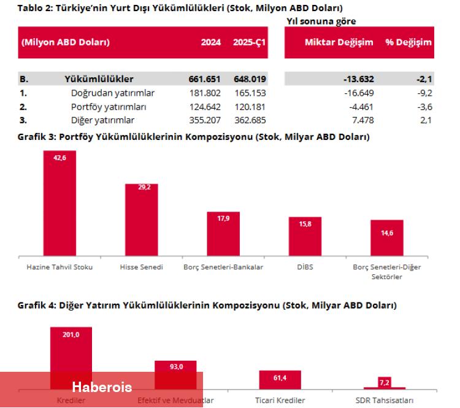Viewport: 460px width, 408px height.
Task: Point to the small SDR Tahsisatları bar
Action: point(385,388)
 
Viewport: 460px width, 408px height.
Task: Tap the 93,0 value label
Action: point(176,366)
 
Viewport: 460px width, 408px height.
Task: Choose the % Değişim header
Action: point(408,43)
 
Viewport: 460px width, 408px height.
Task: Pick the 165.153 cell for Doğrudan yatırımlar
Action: point(250,93)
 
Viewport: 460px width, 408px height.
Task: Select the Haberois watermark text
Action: point(102,387)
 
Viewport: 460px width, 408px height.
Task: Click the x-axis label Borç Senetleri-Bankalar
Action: point(223,268)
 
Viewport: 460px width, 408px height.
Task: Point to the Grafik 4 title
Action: point(207,305)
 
